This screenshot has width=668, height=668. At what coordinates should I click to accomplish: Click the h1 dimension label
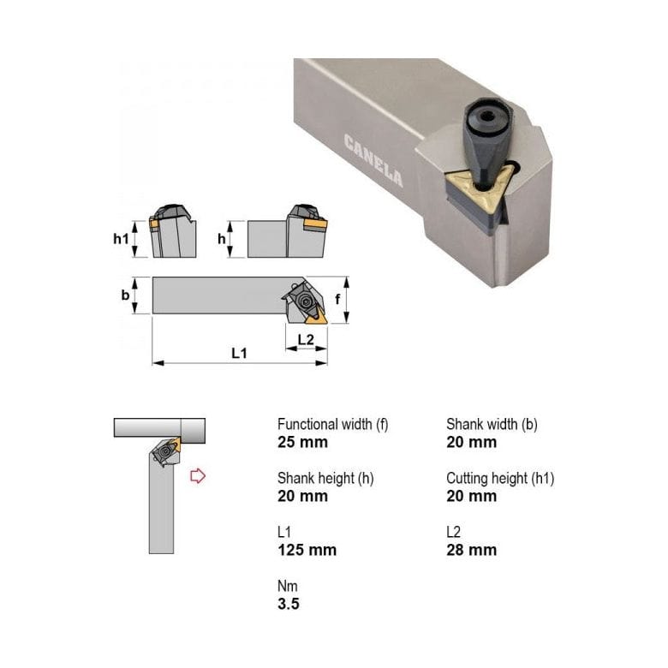[121, 239]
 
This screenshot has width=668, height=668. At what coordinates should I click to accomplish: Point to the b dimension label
[125, 295]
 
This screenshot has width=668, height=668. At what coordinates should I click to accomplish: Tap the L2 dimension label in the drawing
[306, 339]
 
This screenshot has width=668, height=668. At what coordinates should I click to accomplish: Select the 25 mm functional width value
[302, 443]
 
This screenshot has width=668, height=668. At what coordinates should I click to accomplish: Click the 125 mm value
[307, 550]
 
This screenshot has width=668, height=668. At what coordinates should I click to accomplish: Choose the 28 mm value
[471, 550]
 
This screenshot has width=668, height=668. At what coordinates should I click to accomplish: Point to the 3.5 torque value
[289, 604]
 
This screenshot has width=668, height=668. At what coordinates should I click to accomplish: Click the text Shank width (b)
[492, 425]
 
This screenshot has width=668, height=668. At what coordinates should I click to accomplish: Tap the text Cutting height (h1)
[500, 479]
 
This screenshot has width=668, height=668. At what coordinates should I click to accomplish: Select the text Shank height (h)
[325, 479]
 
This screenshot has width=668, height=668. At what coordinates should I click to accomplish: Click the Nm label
[287, 587]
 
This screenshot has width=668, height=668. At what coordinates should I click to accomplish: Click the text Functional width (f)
[331, 425]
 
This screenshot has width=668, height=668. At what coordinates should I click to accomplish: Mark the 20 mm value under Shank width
[471, 443]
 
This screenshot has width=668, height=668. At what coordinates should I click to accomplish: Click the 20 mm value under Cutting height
[471, 497]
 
